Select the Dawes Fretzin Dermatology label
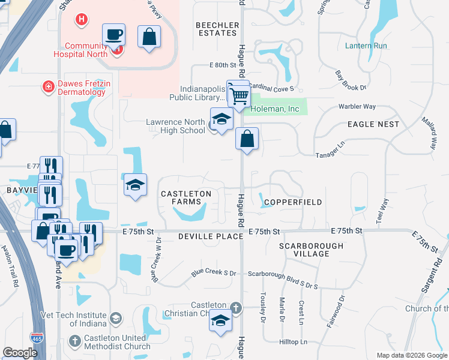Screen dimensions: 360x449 coord(84,88)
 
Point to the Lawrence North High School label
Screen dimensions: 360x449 coord(176,126)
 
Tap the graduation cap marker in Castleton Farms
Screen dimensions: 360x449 coord(136,185)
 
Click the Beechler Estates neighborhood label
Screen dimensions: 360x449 coord(217,29)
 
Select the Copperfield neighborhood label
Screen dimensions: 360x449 coord(292,202)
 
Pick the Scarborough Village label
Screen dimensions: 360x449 coord(312,250)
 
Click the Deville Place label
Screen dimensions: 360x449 coord(209,237)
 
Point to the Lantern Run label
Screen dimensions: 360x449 coord(366,46)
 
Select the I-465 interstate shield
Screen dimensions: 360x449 coord(37,339)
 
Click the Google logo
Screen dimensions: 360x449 coord(20,353)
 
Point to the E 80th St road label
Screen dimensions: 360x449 coord(220,65)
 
